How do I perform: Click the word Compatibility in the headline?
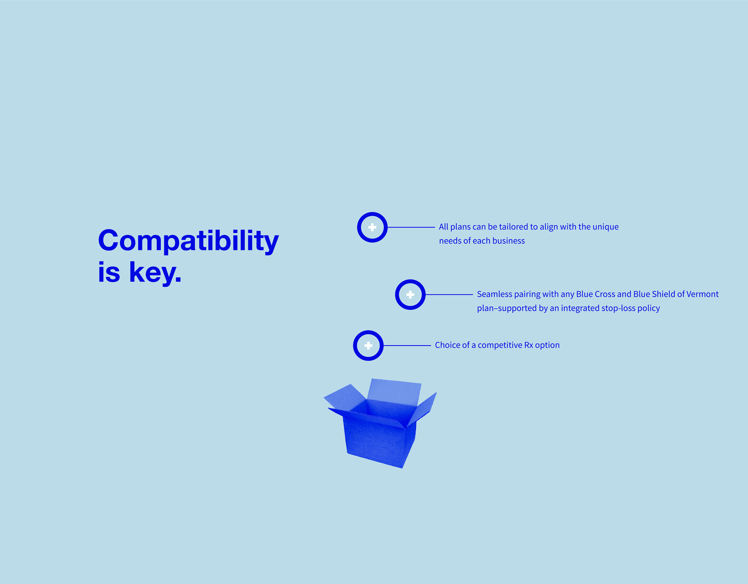(188, 241)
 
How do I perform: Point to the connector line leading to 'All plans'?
(411, 227)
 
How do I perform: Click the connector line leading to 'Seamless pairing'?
(449, 294)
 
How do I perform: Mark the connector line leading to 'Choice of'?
(407, 346)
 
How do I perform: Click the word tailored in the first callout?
(513, 227)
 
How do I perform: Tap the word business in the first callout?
(509, 241)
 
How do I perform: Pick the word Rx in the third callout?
(528, 345)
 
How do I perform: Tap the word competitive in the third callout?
(500, 345)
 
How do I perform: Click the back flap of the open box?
(394, 391)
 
